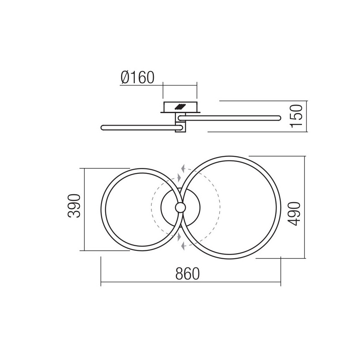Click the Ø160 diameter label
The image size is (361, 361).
[x=138, y=77]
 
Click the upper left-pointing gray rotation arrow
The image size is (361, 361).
[x=183, y=169]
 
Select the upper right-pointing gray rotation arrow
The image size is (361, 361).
[x=179, y=178]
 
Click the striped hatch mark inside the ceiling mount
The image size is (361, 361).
[x=180, y=106]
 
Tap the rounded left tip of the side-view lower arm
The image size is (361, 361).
[x=102, y=127]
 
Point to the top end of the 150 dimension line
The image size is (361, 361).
[x=306, y=101]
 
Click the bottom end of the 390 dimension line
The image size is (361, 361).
[x=85, y=250]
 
